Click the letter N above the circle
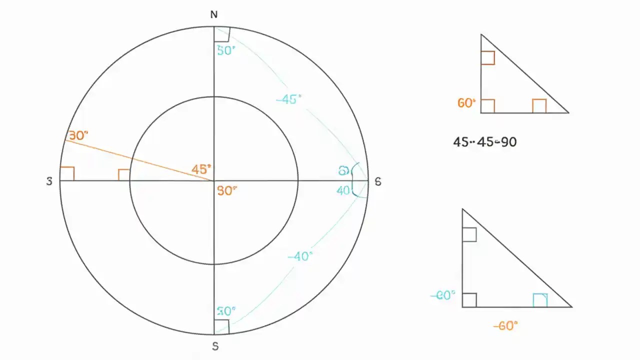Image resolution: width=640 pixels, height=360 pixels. (214, 14)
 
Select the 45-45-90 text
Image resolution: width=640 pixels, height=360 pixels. (484, 142)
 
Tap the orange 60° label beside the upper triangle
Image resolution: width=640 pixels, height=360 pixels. (466, 103)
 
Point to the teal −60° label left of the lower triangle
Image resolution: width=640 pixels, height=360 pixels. (443, 295)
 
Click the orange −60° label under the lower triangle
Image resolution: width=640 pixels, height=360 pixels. (505, 326)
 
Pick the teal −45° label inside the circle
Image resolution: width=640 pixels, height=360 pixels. (289, 99)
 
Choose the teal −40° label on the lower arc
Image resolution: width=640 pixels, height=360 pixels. (300, 256)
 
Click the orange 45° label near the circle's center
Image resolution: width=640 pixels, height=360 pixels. (201, 169)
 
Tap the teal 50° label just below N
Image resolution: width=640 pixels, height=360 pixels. (226, 50)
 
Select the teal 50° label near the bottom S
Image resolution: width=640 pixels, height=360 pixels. (226, 311)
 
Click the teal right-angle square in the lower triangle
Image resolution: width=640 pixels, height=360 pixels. (540, 300)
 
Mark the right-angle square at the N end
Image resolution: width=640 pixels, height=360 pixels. (221, 34)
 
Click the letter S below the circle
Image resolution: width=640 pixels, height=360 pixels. (215, 346)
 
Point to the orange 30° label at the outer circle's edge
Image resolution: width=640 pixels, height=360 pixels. (78, 135)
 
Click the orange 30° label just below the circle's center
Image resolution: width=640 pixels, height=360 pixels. (226, 190)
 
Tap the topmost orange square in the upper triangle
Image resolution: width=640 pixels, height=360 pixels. (487, 57)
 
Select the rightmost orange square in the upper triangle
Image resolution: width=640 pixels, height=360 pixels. (539, 106)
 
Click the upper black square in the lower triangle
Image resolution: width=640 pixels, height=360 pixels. (469, 234)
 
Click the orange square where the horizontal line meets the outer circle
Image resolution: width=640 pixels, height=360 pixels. (67, 173)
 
